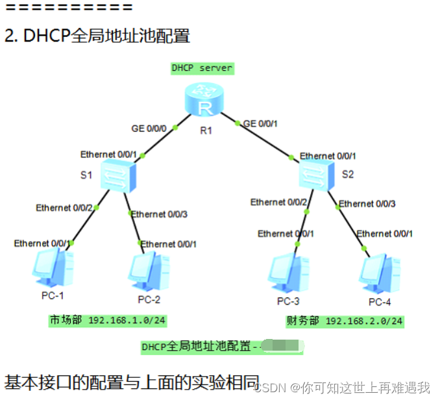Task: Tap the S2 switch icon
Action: click(x=317, y=176)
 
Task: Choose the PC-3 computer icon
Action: click(x=289, y=272)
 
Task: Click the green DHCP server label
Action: click(x=202, y=68)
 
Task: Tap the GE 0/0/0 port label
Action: click(x=150, y=129)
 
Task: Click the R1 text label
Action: click(x=206, y=131)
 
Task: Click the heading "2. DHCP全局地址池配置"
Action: click(x=97, y=36)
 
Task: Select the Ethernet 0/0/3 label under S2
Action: click(x=367, y=203)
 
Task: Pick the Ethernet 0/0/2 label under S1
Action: click(x=62, y=208)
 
